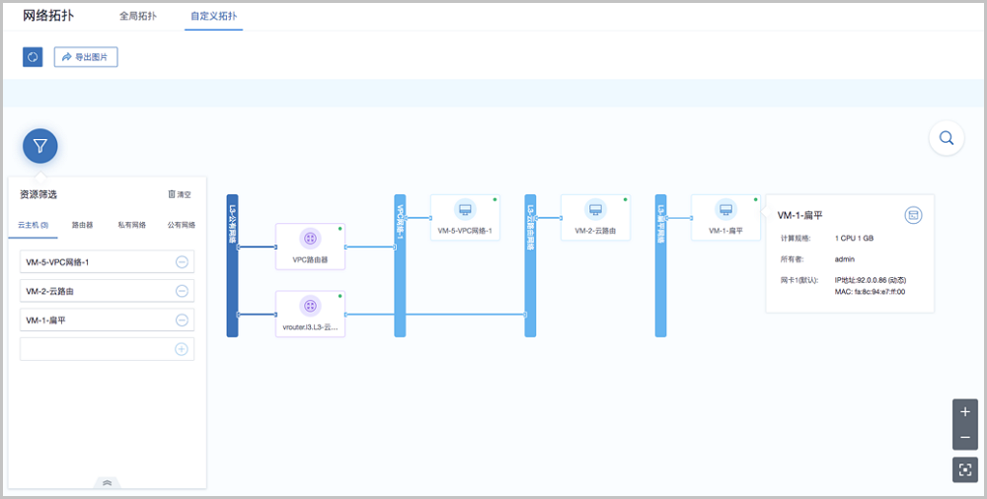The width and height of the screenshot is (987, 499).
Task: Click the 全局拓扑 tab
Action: click(137, 17)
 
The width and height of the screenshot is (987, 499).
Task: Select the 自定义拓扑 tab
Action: click(213, 17)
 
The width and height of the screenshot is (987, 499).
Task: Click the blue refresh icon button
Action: click(33, 57)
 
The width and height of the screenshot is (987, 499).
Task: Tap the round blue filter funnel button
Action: click(40, 146)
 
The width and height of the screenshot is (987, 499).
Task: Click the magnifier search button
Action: click(947, 138)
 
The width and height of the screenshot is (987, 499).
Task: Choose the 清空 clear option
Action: click(180, 195)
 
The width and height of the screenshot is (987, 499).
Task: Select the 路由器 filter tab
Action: click(83, 225)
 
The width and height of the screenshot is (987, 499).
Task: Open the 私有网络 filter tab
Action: click(131, 225)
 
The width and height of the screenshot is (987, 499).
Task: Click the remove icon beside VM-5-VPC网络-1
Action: click(182, 261)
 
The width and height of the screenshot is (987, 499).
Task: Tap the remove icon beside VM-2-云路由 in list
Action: click(182, 291)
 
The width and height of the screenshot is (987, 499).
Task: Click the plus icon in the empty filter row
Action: click(182, 349)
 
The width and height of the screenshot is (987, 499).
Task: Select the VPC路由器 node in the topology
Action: click(310, 246)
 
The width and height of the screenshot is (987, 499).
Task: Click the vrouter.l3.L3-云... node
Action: click(310, 314)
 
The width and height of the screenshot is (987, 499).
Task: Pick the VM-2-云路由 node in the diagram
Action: click(595, 217)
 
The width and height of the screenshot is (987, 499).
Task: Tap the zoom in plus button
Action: click(965, 411)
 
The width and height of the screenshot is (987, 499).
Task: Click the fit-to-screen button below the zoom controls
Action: click(965, 469)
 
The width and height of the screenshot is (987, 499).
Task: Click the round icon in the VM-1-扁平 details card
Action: click(913, 215)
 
